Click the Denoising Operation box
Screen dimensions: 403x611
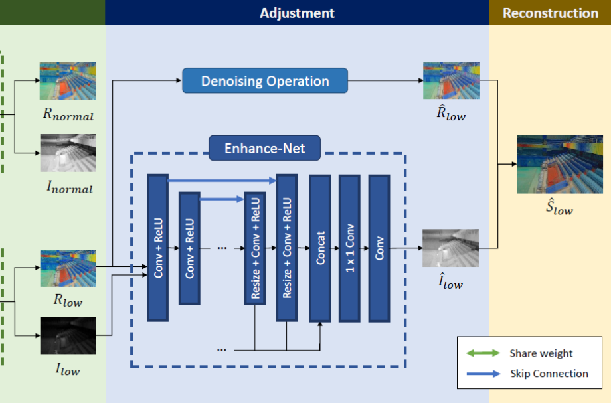point(265,82)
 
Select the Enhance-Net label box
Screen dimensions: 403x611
point(264,147)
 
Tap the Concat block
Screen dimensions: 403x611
point(320,248)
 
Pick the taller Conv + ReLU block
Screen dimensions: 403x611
point(158,248)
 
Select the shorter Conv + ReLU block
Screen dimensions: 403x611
point(189,248)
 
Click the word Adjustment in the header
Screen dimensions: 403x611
point(297,13)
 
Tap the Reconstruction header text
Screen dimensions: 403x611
point(550,13)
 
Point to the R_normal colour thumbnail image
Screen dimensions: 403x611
point(67,81)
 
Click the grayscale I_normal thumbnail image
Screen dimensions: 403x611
point(67,153)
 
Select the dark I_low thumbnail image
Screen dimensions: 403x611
point(67,335)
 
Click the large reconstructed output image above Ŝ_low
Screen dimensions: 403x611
point(555,164)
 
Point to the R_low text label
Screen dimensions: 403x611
point(68,301)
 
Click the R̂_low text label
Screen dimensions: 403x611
point(451,114)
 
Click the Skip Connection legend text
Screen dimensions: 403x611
point(549,374)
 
